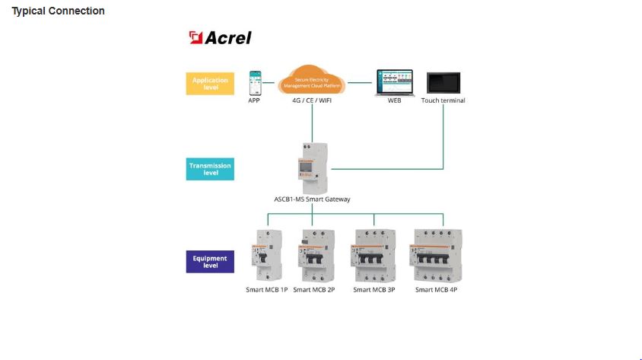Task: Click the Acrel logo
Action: (221, 38)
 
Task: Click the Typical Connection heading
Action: (58, 11)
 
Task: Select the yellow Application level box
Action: (210, 83)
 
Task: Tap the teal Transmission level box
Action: (210, 169)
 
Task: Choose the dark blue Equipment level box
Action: (210, 262)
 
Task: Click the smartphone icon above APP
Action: (255, 82)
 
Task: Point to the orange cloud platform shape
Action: (313, 81)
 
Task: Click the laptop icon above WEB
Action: (395, 82)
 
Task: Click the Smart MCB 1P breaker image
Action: (265, 256)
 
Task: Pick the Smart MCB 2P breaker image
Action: (316, 256)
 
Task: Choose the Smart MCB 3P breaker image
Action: (373, 256)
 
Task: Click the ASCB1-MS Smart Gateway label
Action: (312, 199)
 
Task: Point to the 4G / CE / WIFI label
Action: (312, 100)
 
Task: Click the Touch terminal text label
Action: (443, 100)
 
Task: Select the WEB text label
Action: (395, 100)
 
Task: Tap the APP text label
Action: (254, 100)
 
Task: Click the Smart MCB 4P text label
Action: (436, 290)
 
